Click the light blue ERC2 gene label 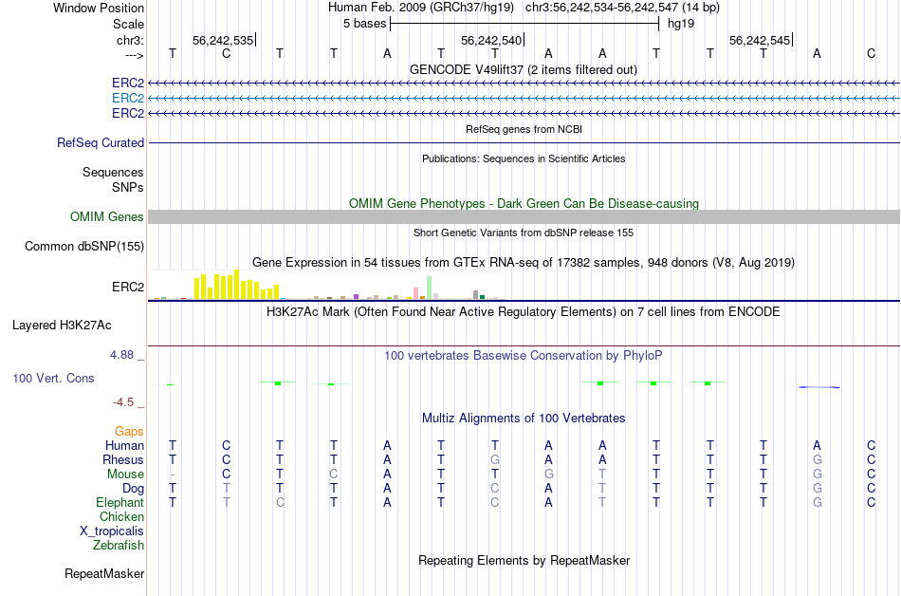pyautogui.click(x=127, y=99)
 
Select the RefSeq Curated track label pyautogui.click(x=101, y=143)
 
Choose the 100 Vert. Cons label pyautogui.click(x=53, y=379)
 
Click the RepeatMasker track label pyautogui.click(x=104, y=574)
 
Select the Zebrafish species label pyautogui.click(x=119, y=546)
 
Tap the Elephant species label pyautogui.click(x=120, y=503)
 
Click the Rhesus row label pyautogui.click(x=123, y=460)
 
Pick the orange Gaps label pyautogui.click(x=129, y=432)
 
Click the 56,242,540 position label pyautogui.click(x=490, y=41)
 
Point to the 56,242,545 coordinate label pyautogui.click(x=759, y=41)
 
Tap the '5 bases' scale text pyautogui.click(x=364, y=23)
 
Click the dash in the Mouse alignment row pyautogui.click(x=172, y=475)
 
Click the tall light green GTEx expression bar pyautogui.click(x=430, y=288)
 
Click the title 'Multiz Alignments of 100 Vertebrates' pyautogui.click(x=524, y=419)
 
